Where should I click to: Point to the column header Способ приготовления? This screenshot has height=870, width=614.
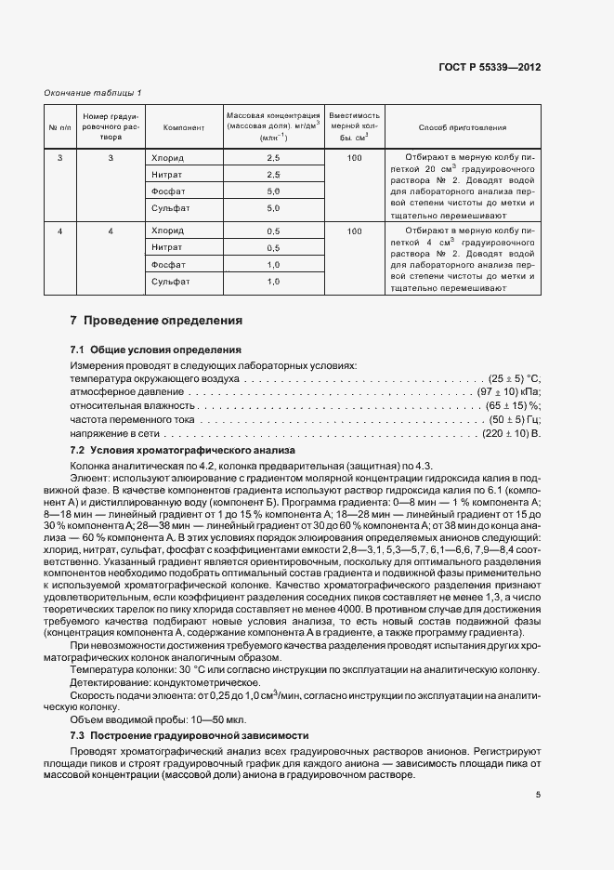(463, 127)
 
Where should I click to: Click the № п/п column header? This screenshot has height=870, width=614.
(60, 127)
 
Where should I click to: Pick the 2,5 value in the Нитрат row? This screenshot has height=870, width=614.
(273, 175)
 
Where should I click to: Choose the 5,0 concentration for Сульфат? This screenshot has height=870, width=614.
(273, 208)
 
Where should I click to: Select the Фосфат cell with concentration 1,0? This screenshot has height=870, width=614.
(168, 265)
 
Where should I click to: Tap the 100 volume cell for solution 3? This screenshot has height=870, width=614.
(354, 159)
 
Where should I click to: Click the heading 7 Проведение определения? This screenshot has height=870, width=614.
(156, 321)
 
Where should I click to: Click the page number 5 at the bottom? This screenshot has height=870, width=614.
(538, 794)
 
